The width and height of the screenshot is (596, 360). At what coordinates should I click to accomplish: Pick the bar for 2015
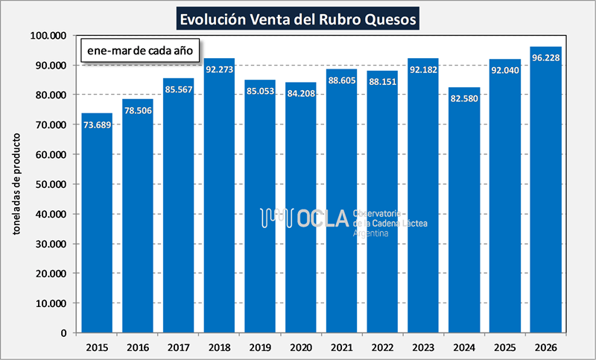pos(97,223)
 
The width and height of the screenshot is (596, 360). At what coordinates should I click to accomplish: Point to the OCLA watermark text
pos(322,218)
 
